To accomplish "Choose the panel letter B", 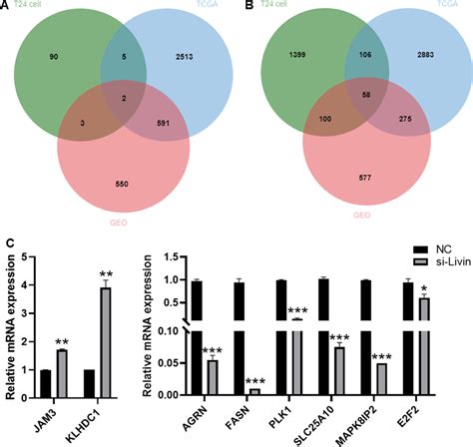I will click(x=246, y=8).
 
